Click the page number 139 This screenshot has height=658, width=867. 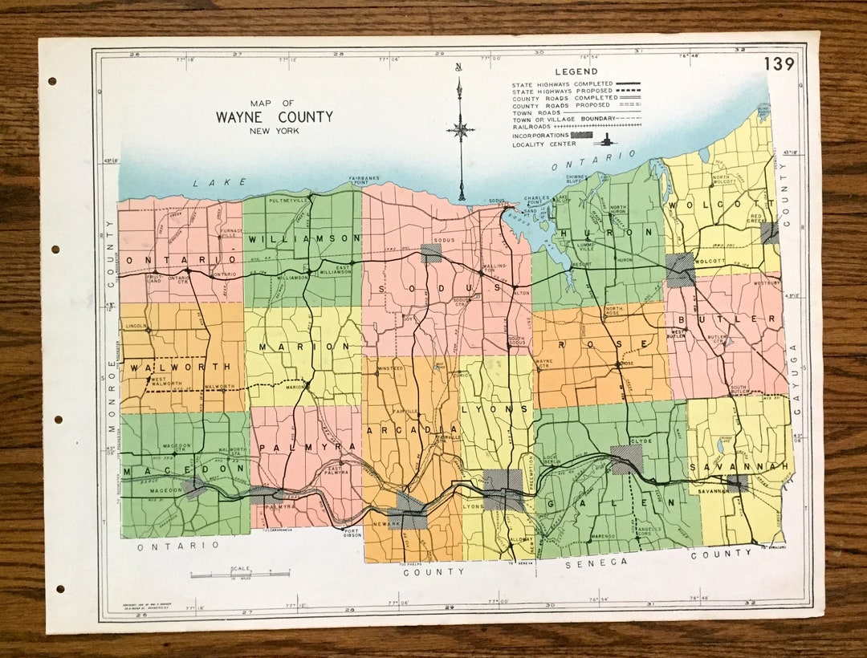(x=778, y=64)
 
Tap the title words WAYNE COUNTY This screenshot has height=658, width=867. (x=274, y=117)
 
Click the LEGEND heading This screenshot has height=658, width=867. (x=572, y=71)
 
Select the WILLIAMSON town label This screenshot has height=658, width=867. (x=304, y=239)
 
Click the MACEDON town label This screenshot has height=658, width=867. (x=164, y=469)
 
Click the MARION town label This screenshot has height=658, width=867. (x=305, y=347)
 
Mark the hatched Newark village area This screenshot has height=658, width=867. (x=408, y=514)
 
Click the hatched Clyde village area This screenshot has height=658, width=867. (x=626, y=459)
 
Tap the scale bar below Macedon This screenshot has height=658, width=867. (x=239, y=575)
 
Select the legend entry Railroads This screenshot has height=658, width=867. (x=533, y=126)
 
